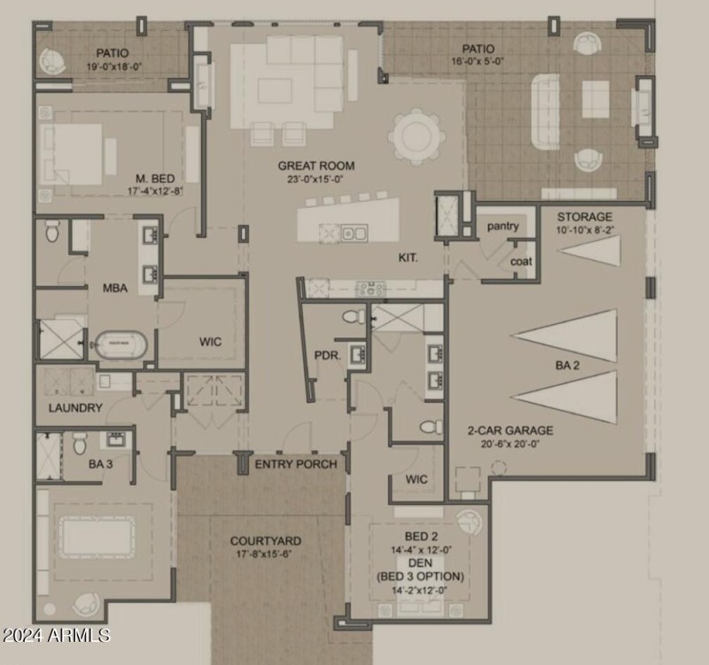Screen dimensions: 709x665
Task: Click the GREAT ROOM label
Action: click(316, 166)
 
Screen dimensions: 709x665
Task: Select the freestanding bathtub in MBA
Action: click(121, 345)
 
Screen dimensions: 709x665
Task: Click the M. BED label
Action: click(155, 179)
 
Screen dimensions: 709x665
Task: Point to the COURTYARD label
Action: click(265, 541)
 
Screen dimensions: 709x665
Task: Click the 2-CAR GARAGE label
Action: click(510, 430)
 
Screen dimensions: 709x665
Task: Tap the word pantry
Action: click(503, 227)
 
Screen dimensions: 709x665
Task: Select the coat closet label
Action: click(521, 261)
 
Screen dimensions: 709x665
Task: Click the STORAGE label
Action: click(585, 217)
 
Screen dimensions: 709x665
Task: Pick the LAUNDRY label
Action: click(75, 408)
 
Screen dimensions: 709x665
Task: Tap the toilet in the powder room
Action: click(354, 316)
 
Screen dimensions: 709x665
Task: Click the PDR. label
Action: click(327, 356)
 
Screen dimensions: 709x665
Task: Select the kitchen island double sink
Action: click(354, 234)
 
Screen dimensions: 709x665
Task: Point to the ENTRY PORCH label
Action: click(296, 464)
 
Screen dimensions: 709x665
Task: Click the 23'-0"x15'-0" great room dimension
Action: click(316, 180)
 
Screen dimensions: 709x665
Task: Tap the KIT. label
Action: click(408, 258)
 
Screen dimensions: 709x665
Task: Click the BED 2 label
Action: click(421, 537)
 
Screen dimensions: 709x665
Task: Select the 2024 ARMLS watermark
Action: click(56, 635)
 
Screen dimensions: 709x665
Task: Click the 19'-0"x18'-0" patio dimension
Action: click(114, 67)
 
